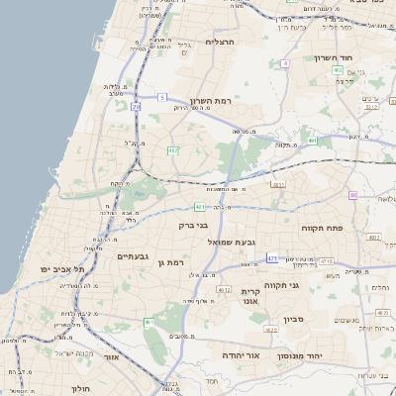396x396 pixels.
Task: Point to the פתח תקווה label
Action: tap(322, 227)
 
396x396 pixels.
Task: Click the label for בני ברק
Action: tap(193, 225)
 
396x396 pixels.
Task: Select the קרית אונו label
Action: tap(249, 296)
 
